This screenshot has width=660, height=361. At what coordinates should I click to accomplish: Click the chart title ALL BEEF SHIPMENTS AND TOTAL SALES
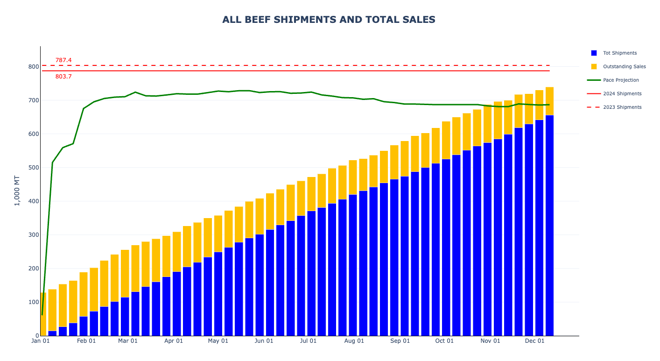point(329,20)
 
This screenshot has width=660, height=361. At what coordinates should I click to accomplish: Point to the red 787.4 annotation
point(63,60)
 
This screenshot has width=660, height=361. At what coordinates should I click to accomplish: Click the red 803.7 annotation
point(63,77)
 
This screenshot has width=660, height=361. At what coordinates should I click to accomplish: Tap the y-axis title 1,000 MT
point(17,191)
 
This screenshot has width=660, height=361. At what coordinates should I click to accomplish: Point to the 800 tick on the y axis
point(33,67)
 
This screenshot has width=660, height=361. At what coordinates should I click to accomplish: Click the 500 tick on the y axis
point(33,168)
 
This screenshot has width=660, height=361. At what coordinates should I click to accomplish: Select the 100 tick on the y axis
point(33,302)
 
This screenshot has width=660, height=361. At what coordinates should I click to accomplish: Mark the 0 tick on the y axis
point(36,336)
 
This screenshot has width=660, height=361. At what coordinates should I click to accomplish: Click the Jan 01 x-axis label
point(41,341)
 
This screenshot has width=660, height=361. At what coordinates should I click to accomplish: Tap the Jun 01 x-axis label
point(264,341)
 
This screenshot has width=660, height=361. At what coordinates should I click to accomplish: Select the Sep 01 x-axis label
point(400,341)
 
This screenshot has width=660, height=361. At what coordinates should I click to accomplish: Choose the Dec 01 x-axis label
point(535,341)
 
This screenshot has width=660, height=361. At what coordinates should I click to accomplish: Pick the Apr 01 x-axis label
point(174,341)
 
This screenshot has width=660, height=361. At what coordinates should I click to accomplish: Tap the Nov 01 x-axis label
point(490,341)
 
